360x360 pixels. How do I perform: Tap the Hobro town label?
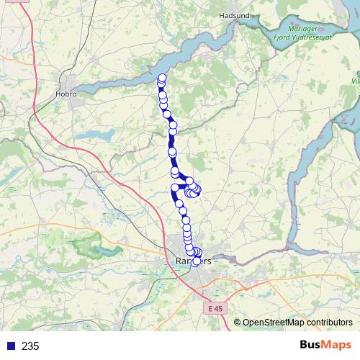pyautogui.click(x=66, y=93)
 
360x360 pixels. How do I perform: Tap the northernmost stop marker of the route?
pyautogui.click(x=162, y=78)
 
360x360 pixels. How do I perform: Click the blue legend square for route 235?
pyautogui.click(x=10, y=346)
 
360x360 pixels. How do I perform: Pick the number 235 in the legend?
pyautogui.click(x=30, y=346)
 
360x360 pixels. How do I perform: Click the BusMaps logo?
pyautogui.click(x=325, y=345)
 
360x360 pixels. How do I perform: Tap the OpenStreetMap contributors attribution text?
pyautogui.click(x=297, y=323)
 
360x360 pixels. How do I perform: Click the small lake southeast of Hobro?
pyautogui.click(x=91, y=135)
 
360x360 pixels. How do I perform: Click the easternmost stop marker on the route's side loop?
pyautogui.click(x=197, y=189)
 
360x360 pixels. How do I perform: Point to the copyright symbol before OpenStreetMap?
pyautogui.click(x=237, y=323)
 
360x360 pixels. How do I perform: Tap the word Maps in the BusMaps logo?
pyautogui.click(x=337, y=345)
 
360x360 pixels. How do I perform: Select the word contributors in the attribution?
pyautogui.click(x=328, y=323)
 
